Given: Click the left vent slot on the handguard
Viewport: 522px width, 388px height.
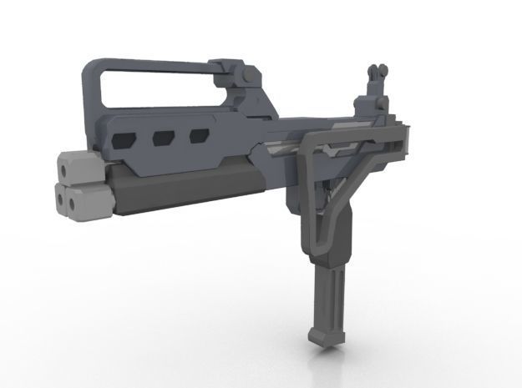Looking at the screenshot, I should [125, 137].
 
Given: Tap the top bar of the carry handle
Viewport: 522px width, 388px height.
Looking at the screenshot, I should [150, 64].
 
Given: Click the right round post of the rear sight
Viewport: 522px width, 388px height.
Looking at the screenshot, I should [383, 72].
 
